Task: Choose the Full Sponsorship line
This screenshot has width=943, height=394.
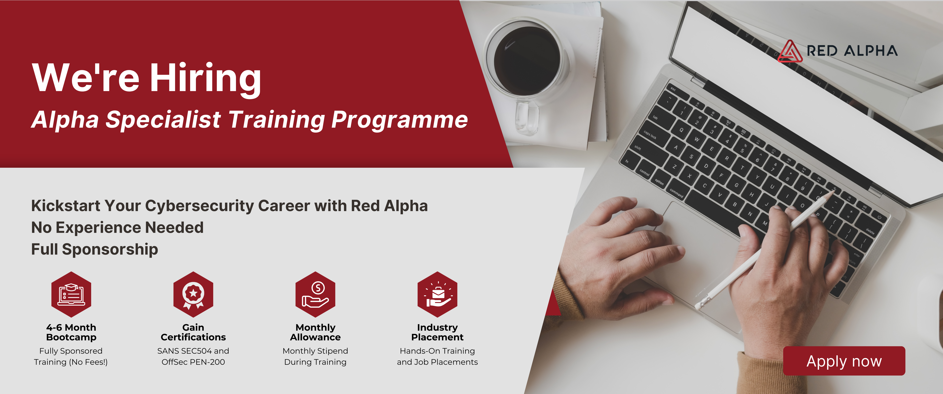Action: pyautogui.click(x=94, y=249)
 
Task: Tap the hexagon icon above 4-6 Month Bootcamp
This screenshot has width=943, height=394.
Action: pyautogui.click(x=71, y=294)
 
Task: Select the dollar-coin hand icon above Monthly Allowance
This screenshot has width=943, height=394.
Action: pyautogui.click(x=315, y=294)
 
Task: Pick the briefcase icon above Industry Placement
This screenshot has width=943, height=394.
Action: pyautogui.click(x=437, y=294)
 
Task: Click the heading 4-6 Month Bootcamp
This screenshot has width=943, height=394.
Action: pyautogui.click(x=71, y=332)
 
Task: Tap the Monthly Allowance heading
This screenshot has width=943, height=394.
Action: pyautogui.click(x=315, y=332)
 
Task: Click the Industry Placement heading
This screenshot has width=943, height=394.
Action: pyautogui.click(x=437, y=332)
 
